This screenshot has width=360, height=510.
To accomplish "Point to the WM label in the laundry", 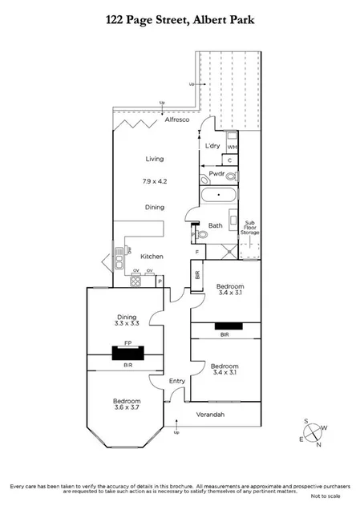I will (232, 147).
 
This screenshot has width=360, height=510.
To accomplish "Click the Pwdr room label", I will (216, 174).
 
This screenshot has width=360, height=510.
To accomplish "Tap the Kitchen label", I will (152, 257).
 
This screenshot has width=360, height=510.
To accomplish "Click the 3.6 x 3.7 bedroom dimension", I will (127, 408).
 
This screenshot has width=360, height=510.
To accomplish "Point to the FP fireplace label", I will (127, 340).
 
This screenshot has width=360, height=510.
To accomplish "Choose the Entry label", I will (176, 381).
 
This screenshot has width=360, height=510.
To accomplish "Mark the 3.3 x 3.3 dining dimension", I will (127, 324).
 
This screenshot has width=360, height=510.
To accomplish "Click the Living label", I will (155, 159).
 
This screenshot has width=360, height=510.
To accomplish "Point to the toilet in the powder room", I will (232, 174).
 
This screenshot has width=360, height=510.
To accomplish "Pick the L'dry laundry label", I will (212, 145).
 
